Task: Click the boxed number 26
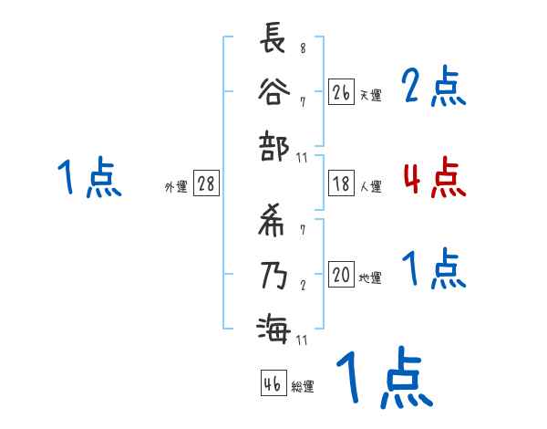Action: [341, 92]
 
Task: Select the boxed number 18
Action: [341, 183]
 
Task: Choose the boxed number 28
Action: [206, 183]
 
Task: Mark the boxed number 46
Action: [272, 384]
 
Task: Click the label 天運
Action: [370, 95]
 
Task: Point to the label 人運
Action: [370, 186]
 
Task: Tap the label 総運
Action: [303, 387]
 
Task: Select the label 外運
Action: [176, 186]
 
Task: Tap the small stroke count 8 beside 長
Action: [303, 48]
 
